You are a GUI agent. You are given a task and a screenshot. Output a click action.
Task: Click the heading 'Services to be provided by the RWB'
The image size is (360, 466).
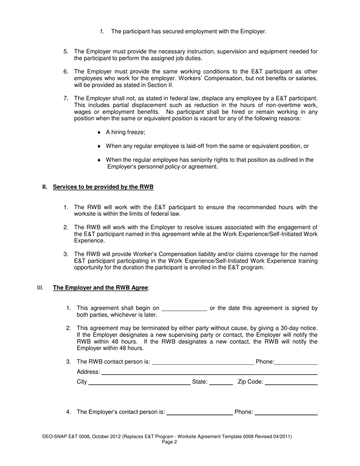click(103, 187)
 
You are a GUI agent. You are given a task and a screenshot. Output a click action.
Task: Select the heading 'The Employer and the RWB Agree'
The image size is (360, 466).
click(100, 288)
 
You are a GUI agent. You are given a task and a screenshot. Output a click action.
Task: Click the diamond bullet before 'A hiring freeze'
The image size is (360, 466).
click(99, 132)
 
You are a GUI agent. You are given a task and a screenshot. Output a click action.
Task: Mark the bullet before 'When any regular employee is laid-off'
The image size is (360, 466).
click(99, 146)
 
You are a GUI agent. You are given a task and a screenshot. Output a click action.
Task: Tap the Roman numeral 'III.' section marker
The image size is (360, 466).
click(41, 288)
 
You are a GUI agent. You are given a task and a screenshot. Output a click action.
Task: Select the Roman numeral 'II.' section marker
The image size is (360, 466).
click(45, 187)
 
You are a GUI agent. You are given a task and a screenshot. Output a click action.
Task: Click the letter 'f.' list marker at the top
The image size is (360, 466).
click(102, 31)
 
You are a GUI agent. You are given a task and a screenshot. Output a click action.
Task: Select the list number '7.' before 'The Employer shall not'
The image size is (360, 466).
click(66, 99)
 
